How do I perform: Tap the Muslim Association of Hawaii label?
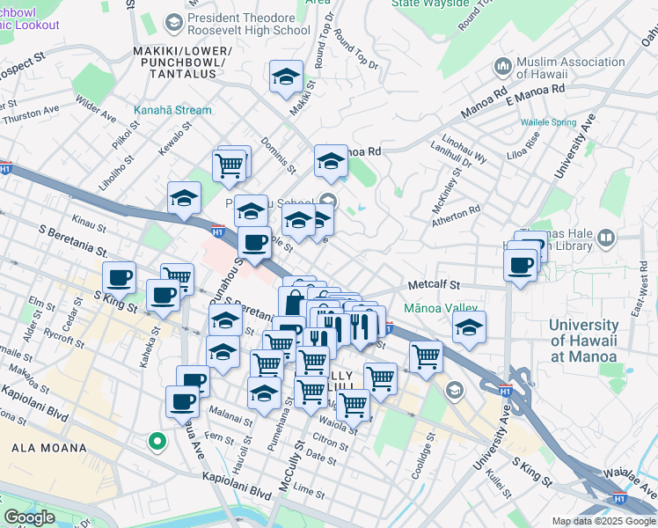tap(571, 69)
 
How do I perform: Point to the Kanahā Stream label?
tap(172, 111)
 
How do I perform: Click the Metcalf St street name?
tap(435, 285)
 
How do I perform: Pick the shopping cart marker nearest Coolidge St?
tap(426, 356)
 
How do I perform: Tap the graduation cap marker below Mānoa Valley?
tap(469, 329)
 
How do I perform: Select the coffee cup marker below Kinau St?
tap(120, 278)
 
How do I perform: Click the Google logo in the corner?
tap(29, 517)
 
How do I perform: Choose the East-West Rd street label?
tap(645, 295)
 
